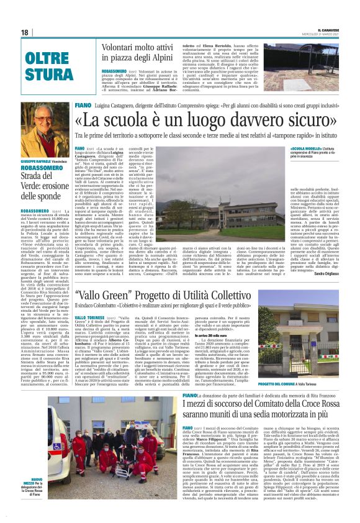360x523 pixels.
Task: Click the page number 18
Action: [x=24, y=32]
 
